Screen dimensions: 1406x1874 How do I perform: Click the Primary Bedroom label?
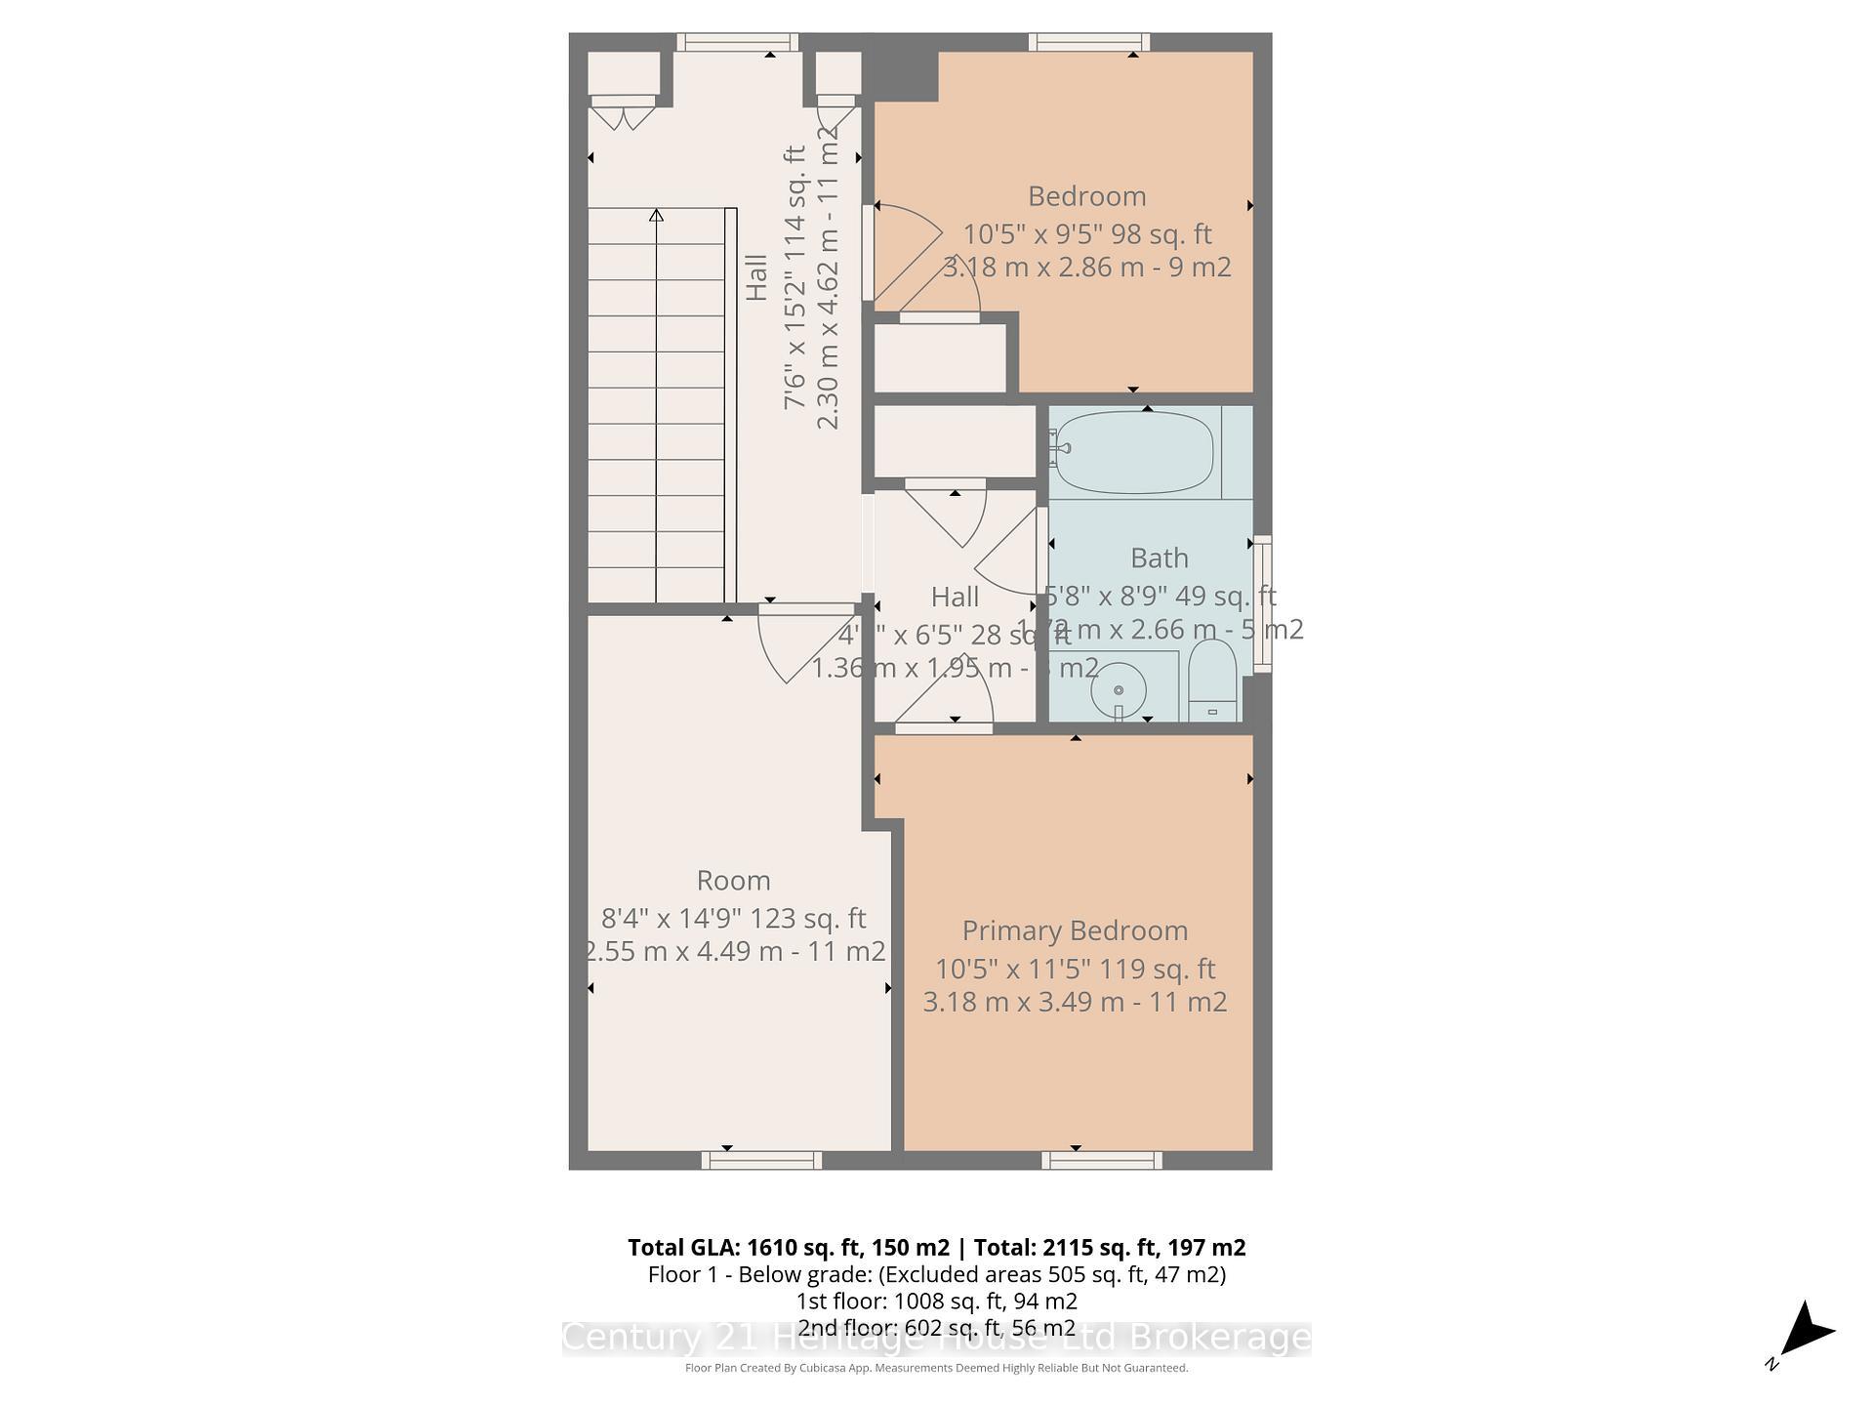[1075, 930]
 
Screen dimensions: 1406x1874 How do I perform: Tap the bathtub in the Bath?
[1134, 452]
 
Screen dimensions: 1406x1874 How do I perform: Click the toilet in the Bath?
[1212, 680]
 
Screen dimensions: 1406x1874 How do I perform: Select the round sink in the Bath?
[1119, 690]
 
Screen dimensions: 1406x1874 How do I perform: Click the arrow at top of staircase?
[656, 216]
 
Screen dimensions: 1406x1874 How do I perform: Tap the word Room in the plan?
[733, 881]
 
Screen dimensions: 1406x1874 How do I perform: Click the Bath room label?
[1159, 558]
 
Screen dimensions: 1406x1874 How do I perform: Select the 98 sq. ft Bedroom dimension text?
[1086, 234]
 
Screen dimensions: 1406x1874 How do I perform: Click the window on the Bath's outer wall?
[1262, 603]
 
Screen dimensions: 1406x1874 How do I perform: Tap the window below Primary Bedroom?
[1101, 1160]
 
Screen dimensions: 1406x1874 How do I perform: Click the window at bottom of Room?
[761, 1160]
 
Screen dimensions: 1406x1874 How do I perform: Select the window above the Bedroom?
[1088, 42]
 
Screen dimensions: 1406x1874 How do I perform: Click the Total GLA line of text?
[936, 1248]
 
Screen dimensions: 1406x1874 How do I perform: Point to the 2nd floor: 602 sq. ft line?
[936, 1328]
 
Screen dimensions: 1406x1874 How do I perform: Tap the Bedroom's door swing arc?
[908, 254]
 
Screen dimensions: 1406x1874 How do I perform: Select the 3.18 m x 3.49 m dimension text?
[1075, 1002]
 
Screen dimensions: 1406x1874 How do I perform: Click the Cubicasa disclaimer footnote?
[936, 1368]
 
